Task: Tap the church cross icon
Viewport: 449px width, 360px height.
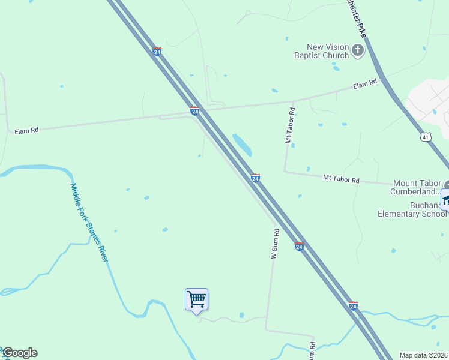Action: click(x=358, y=50)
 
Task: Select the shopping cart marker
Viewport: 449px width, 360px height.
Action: click(x=196, y=299)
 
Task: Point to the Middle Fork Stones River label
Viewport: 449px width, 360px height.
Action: click(x=89, y=223)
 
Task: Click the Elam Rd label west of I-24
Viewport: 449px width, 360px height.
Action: click(x=26, y=130)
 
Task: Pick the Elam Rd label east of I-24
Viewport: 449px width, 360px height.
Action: click(x=365, y=85)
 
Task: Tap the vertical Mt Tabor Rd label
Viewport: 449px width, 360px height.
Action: click(x=290, y=125)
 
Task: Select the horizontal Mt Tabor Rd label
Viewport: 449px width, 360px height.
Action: click(x=340, y=179)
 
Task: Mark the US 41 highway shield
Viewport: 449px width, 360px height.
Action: click(x=426, y=137)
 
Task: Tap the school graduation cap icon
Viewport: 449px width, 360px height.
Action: click(x=445, y=199)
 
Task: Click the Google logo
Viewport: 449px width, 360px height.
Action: click(x=19, y=353)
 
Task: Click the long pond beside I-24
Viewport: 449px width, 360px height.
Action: click(x=243, y=145)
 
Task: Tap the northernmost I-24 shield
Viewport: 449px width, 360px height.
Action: click(x=157, y=52)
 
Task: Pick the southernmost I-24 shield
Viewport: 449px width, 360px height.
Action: click(x=353, y=306)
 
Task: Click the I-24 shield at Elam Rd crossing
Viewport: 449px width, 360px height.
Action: click(x=194, y=111)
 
